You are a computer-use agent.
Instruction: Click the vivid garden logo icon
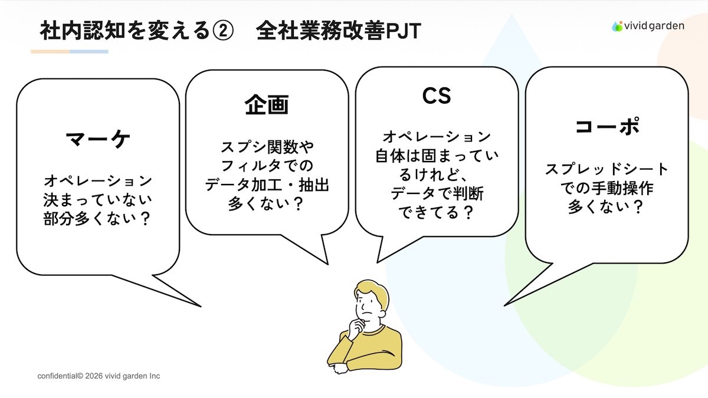pyautogui.click(x=617, y=26)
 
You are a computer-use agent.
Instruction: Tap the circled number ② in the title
pyautogui.click(x=223, y=31)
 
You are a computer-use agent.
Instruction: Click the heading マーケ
pyautogui.click(x=98, y=139)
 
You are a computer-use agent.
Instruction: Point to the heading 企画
pyautogui.click(x=267, y=104)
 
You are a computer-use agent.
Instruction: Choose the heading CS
pyautogui.click(x=437, y=96)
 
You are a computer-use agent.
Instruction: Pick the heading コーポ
pyautogui.click(x=607, y=126)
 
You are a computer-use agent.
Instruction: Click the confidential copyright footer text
pyautogui.click(x=99, y=376)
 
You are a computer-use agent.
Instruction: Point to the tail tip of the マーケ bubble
pyautogui.click(x=201, y=306)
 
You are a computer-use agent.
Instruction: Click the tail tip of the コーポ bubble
pyautogui.click(x=505, y=305)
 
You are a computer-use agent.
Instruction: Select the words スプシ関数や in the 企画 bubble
pyautogui.click(x=267, y=147)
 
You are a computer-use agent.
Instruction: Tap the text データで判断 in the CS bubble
pyautogui.click(x=437, y=193)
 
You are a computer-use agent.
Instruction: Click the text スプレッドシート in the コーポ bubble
pyautogui.click(x=607, y=169)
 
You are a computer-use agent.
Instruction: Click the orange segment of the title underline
pyautogui.click(x=50, y=51)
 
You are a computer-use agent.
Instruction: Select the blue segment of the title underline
pyautogui.click(x=89, y=51)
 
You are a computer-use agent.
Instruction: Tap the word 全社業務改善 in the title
pyautogui.click(x=321, y=31)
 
